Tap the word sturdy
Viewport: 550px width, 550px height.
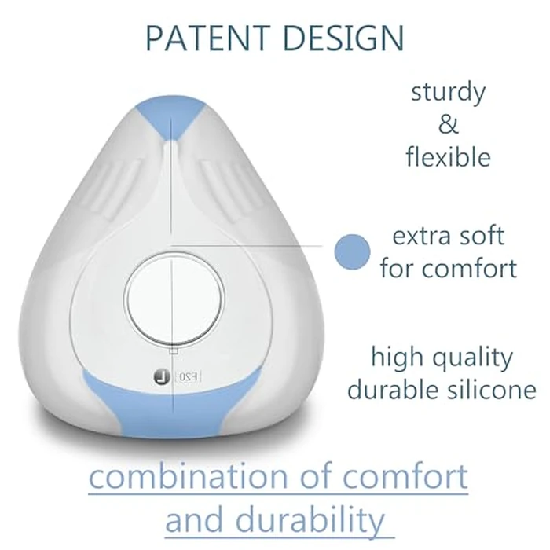[448, 92]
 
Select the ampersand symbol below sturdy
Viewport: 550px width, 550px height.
[448, 124]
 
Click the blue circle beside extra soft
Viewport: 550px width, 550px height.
[352, 251]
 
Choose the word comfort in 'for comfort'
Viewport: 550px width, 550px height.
[470, 268]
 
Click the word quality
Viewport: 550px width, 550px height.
[465, 358]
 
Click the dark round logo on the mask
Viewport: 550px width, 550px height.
[160, 376]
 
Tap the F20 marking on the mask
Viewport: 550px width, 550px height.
[189, 377]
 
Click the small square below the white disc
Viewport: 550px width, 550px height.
[174, 349]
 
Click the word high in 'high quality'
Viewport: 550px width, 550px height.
[396, 358]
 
